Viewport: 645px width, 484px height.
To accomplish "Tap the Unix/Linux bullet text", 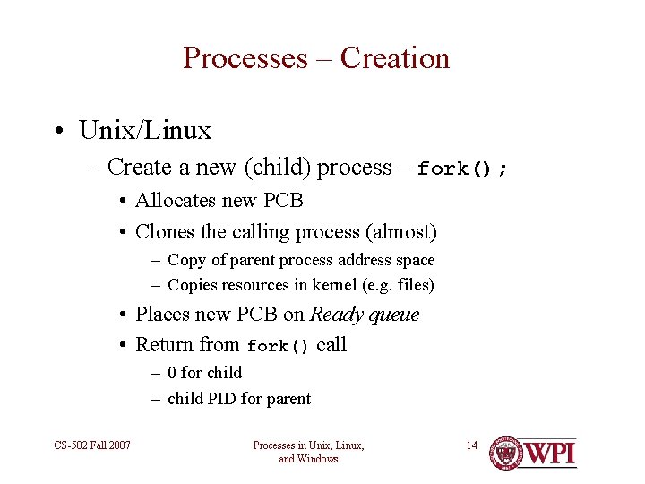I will pos(145,131).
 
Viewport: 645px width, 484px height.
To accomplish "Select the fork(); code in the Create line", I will pos(462,169).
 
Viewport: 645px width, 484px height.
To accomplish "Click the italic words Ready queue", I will pos(364,315).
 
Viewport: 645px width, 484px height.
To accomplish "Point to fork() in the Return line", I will pos(278,346).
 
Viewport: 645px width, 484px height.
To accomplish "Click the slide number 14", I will pos(472,445).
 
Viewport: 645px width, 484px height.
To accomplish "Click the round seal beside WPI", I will pos(506,453).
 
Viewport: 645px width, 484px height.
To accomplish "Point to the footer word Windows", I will pos(321,459).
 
